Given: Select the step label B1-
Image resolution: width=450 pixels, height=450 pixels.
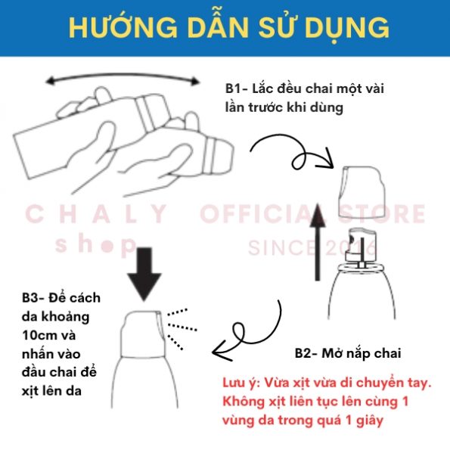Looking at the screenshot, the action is pyautogui.click(x=236, y=88).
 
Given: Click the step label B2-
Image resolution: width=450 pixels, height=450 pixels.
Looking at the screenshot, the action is pyautogui.click(x=306, y=353).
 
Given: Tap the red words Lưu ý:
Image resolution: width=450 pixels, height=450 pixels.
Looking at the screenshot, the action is pyautogui.click(x=241, y=383).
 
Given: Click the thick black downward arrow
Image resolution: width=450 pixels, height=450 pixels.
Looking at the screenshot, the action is pyautogui.click(x=144, y=274).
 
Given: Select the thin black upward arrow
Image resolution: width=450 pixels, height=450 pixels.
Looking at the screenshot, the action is pyautogui.click(x=318, y=242).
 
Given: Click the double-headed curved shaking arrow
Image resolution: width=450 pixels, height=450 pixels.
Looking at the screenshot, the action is pyautogui.click(x=122, y=76).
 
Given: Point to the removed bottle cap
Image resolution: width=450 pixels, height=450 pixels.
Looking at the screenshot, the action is pyautogui.click(x=362, y=191).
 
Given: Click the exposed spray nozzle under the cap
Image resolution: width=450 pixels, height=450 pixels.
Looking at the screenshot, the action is pyautogui.click(x=362, y=247).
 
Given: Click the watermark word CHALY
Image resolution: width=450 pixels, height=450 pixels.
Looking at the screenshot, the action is pyautogui.click(x=97, y=214).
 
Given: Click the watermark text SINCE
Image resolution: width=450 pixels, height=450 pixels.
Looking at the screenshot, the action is pyautogui.click(x=284, y=247).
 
